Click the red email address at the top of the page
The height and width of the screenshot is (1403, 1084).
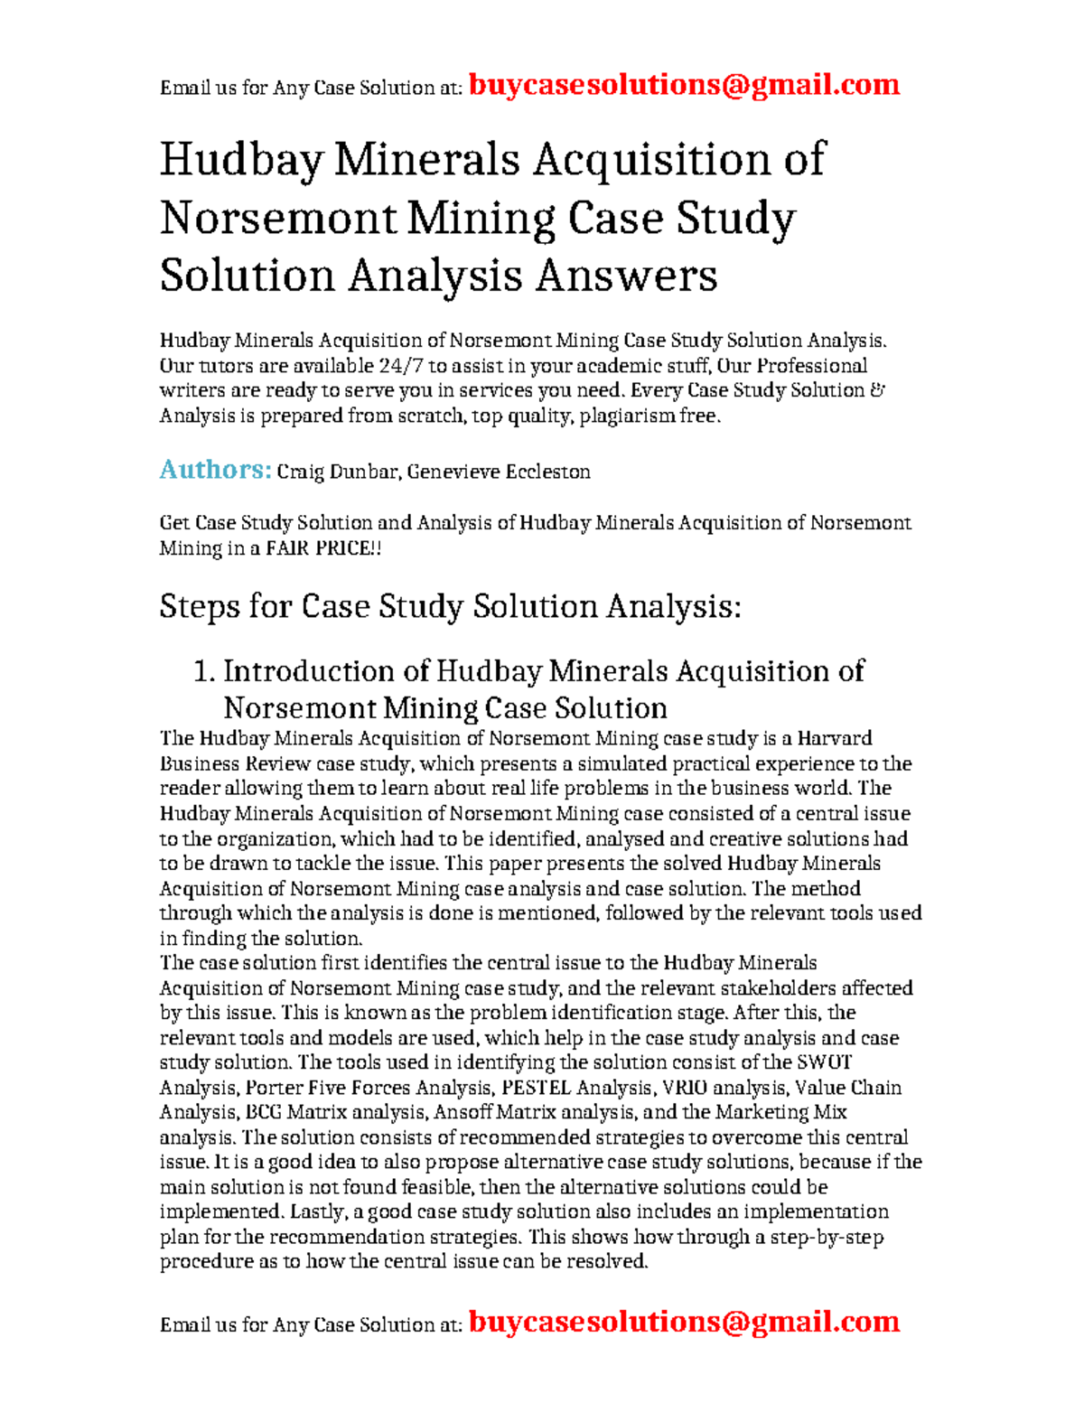pos(684,85)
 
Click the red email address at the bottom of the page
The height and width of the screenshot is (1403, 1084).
pos(684,1322)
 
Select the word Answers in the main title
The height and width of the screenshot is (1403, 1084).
pos(626,276)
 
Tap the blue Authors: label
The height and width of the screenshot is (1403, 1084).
pos(215,470)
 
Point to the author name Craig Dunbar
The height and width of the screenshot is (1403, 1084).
pos(337,472)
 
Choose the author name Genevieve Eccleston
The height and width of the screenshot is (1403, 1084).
pos(499,472)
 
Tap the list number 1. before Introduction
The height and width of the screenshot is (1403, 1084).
pos(203,671)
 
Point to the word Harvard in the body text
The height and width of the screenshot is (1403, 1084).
pos(835,739)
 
